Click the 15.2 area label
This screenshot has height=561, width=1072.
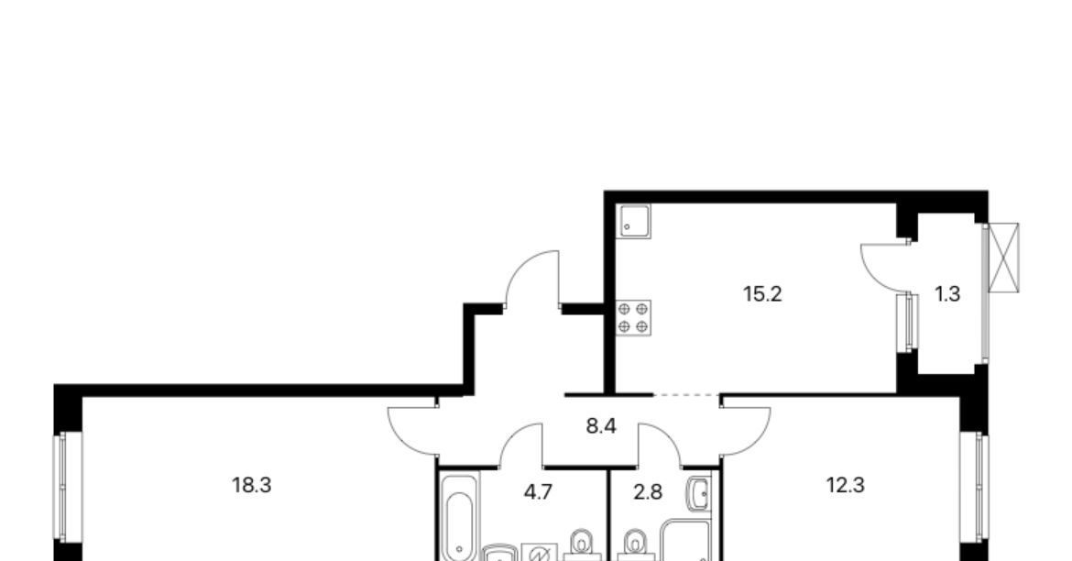pyautogui.click(x=762, y=294)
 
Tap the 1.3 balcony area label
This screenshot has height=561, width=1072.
pyautogui.click(x=947, y=294)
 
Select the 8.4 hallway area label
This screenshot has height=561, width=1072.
pyautogui.click(x=602, y=426)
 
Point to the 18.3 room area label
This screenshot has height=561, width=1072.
pyautogui.click(x=252, y=485)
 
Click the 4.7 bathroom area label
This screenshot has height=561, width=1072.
pyautogui.click(x=537, y=492)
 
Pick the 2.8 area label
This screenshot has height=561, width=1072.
pyautogui.click(x=648, y=492)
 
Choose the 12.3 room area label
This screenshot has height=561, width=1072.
pyautogui.click(x=846, y=485)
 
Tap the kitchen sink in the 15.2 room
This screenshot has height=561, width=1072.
pyautogui.click(x=634, y=221)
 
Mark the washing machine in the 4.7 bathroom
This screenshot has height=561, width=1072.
pyautogui.click(x=540, y=552)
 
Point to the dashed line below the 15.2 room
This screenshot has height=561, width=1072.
pyautogui.click(x=686, y=395)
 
